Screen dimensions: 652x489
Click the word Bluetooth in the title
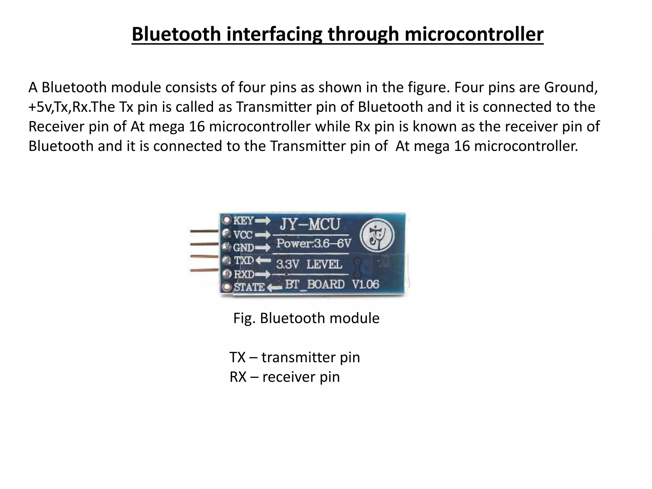coord(176,34)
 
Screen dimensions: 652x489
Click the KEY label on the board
coord(244,220)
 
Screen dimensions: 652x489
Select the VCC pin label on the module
coord(243,235)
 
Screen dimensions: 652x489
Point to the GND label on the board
coord(244,247)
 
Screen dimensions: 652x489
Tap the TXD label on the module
coord(244,260)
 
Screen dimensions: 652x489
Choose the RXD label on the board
coord(244,274)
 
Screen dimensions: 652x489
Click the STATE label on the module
coord(249,287)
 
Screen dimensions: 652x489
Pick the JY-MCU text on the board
coord(310,224)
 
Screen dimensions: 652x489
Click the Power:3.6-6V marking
coord(314,244)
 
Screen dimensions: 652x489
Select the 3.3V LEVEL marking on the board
coord(309,264)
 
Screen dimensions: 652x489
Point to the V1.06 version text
coord(365,284)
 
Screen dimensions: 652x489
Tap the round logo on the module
coord(377,236)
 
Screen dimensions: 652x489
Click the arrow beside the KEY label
coord(263,221)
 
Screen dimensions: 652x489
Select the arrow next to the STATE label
coord(274,287)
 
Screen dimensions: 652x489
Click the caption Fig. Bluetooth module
coord(306,318)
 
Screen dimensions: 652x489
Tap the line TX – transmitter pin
coord(294,357)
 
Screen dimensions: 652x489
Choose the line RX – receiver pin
coord(285,377)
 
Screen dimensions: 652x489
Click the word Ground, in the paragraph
coord(570,87)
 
